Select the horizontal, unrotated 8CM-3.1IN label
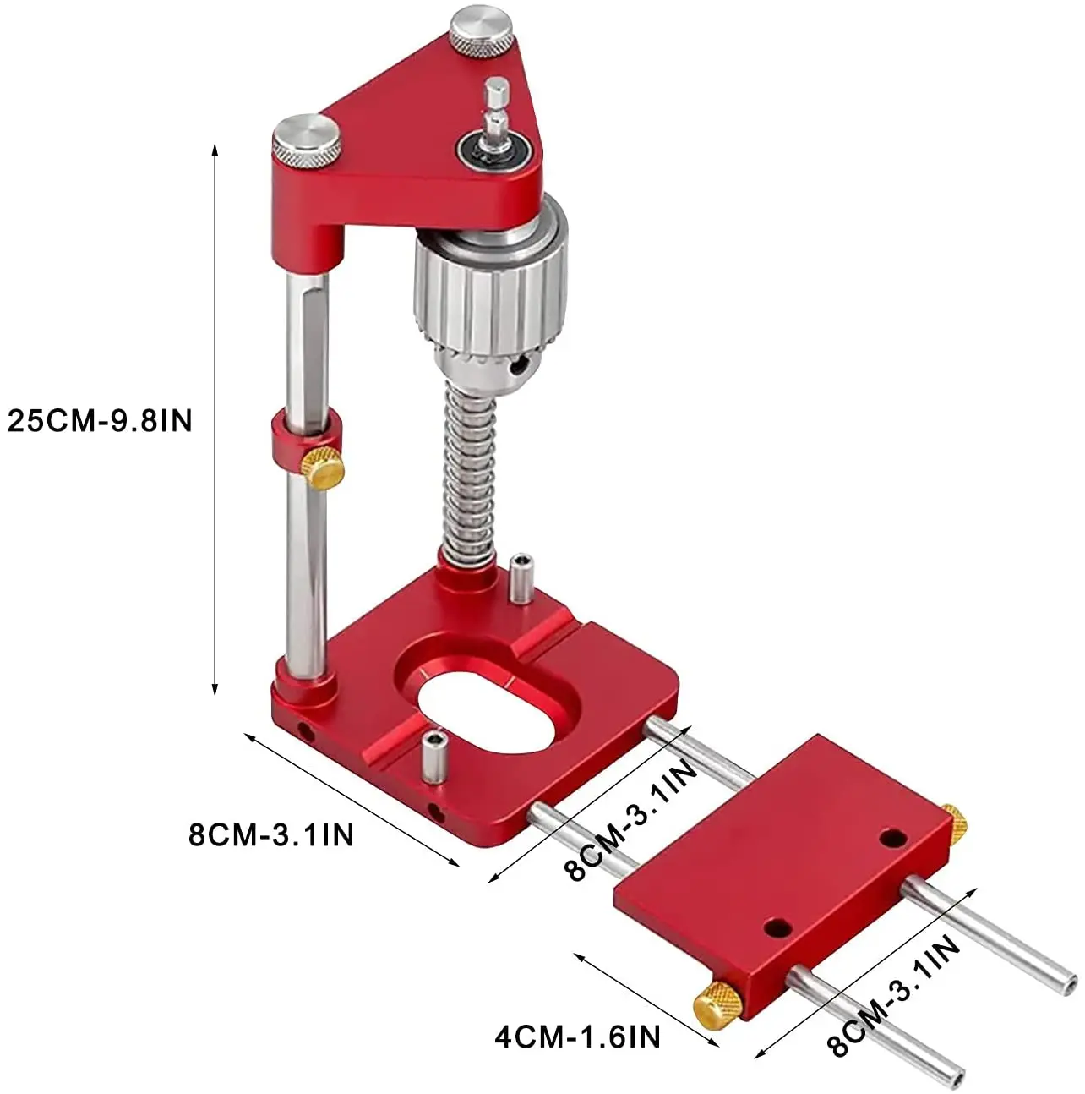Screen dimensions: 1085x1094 point(271,834)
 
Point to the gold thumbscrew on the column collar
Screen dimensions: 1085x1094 point(323,468)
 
